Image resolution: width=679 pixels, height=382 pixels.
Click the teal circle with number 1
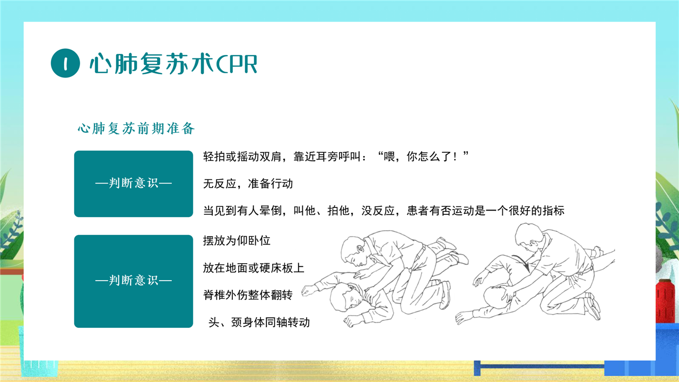pos(65,63)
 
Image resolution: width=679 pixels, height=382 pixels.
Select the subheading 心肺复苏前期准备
pos(136,128)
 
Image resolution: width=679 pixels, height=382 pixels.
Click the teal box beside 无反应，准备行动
pos(133,184)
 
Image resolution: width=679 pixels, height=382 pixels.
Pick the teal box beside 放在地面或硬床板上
pos(133,281)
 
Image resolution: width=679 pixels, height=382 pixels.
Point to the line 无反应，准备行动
pos(248,184)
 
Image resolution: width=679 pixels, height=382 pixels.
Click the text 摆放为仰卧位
pos(237,241)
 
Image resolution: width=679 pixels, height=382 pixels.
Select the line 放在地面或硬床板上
pos(254,268)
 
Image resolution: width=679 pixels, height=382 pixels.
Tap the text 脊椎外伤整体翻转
pos(248,295)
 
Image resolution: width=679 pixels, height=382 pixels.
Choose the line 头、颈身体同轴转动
pos(259,322)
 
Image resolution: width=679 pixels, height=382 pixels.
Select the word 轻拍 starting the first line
pos(214,157)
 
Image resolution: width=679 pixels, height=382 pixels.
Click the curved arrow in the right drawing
pos(522,263)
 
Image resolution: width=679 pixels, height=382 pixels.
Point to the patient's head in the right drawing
pos(497,297)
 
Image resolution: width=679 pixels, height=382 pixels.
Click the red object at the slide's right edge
pos(665,301)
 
